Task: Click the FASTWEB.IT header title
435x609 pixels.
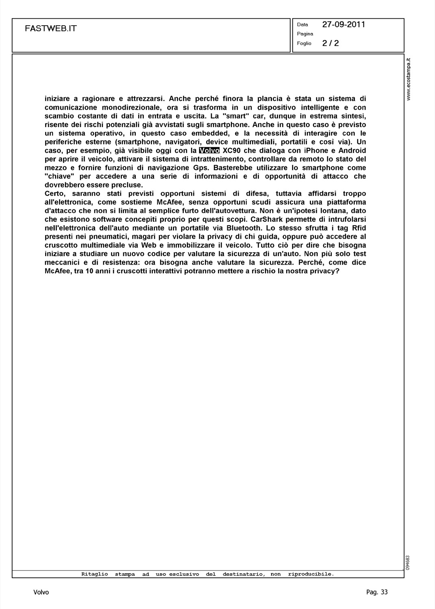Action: [51, 28]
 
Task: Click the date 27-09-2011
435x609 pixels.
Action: [344, 24]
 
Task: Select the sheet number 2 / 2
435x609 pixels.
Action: [331, 43]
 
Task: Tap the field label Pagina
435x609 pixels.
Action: [305, 34]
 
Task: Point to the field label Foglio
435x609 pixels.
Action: [304, 43]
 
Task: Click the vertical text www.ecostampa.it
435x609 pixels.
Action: [409, 80]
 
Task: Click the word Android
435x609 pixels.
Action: [352, 151]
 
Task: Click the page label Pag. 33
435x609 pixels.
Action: [377, 592]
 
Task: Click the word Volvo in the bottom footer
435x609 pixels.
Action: [41, 592]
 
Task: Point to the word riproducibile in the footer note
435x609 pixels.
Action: [311, 574]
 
